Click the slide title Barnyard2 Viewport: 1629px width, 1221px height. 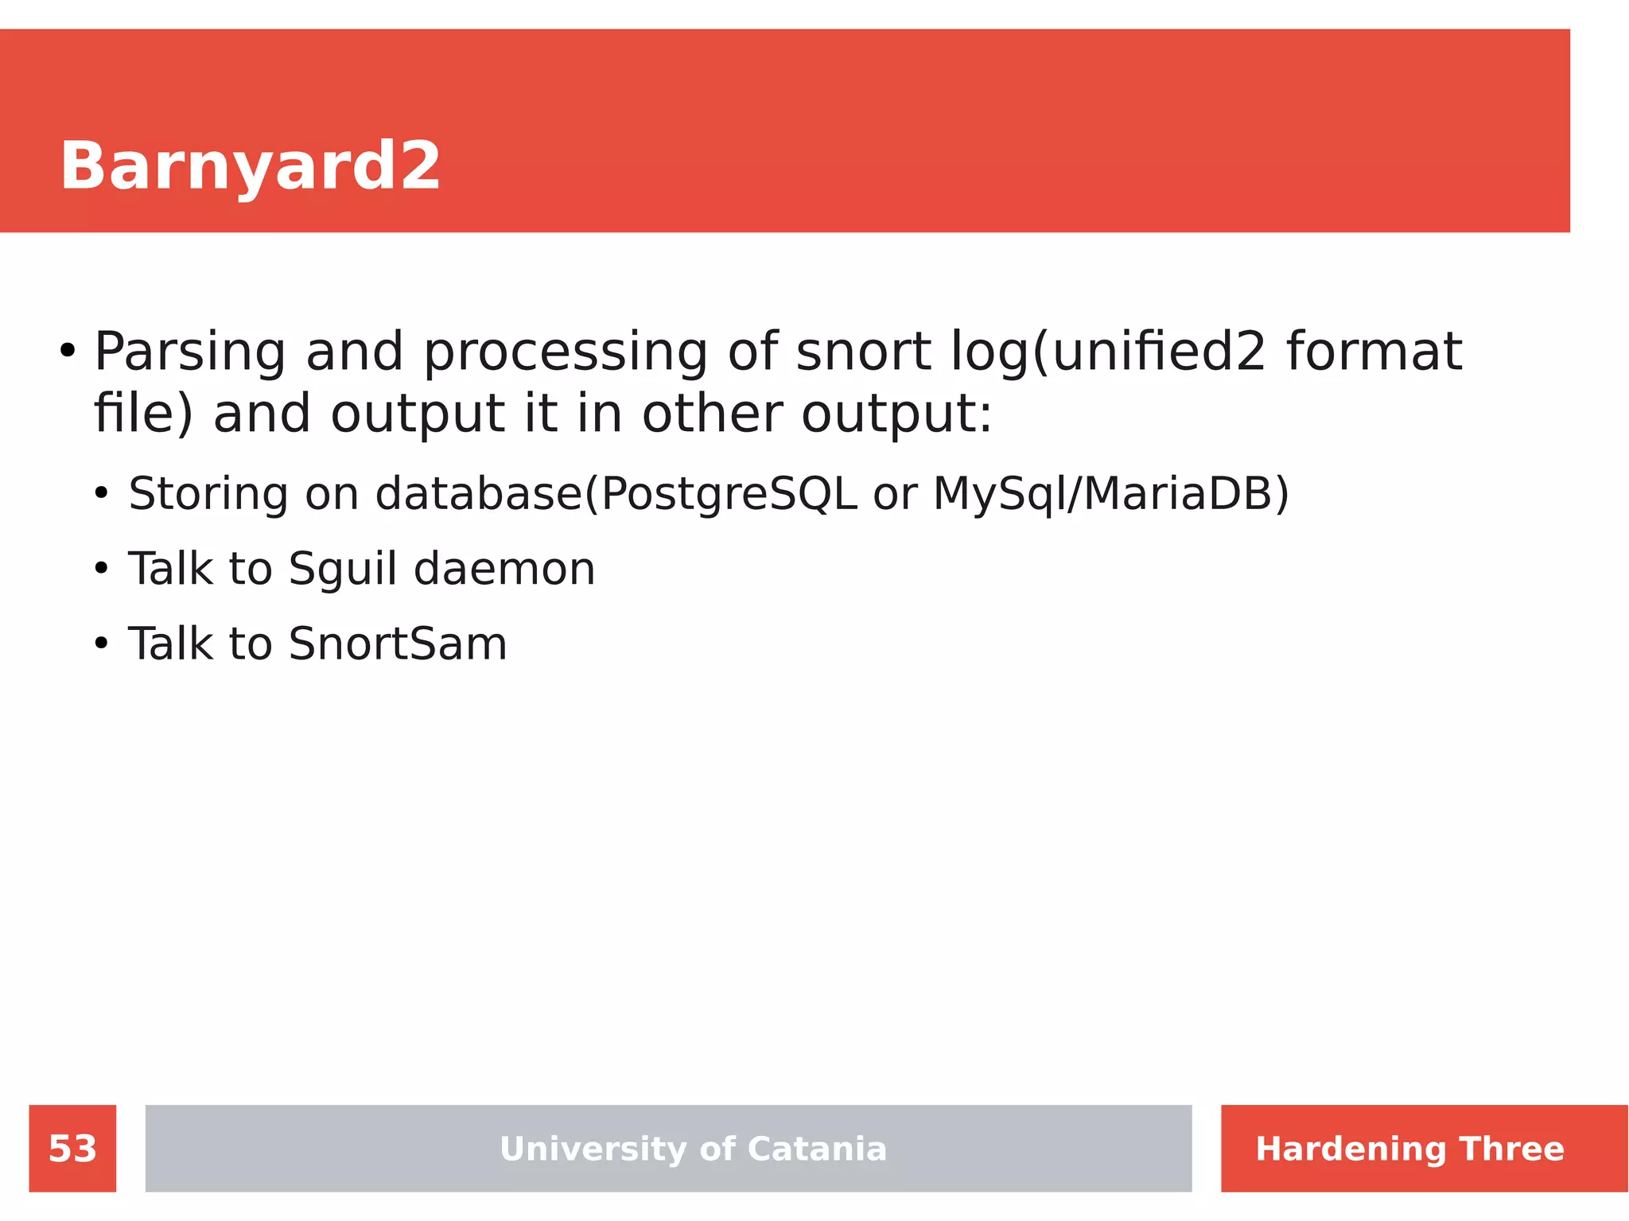click(x=250, y=165)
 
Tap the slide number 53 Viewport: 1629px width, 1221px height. click(x=72, y=1149)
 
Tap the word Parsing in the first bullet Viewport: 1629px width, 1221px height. click(x=189, y=352)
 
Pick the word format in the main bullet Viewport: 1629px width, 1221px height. click(x=1374, y=352)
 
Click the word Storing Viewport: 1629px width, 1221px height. click(x=208, y=495)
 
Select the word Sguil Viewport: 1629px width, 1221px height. click(x=342, y=570)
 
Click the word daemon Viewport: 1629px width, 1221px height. click(x=504, y=570)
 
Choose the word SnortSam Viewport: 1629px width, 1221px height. click(x=397, y=644)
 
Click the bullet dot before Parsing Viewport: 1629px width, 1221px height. click(x=68, y=351)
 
